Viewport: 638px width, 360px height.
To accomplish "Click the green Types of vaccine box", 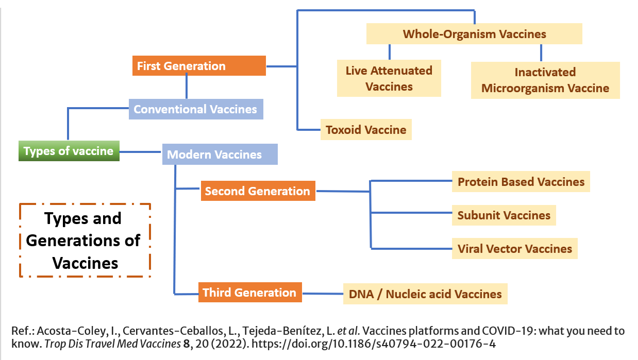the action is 69,151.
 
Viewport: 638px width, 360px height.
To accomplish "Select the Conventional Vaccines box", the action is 196,109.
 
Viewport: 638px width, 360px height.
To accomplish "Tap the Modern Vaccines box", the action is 220,154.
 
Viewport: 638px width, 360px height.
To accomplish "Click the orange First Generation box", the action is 199,66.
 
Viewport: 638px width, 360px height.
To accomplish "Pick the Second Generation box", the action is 258,191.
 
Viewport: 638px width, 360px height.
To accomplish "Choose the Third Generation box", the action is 250,292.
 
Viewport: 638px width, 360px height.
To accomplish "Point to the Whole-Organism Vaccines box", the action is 474,34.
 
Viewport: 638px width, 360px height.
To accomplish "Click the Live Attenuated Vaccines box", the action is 389,78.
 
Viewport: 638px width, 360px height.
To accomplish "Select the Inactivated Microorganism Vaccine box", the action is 545,80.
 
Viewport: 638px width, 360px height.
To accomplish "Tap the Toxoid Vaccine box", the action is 366,129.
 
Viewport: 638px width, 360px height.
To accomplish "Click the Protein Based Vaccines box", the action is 521,182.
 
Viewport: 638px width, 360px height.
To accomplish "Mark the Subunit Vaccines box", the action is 504,215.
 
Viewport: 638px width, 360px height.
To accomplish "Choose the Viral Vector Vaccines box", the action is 515,248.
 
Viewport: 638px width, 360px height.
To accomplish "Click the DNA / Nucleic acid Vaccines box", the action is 425,294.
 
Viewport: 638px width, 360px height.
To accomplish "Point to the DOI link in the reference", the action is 374,344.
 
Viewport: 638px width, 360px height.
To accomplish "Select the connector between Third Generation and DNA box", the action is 323,294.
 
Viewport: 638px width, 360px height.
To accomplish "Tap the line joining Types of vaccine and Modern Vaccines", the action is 141,152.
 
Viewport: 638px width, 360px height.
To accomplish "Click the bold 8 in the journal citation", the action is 186,344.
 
